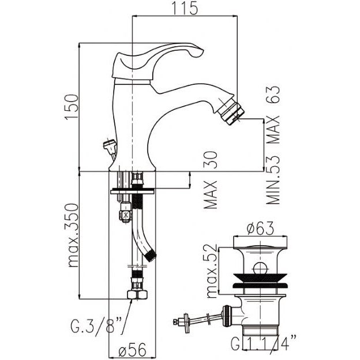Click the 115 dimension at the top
click(185, 8)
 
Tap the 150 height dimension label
click(72, 107)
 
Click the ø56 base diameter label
click(133, 350)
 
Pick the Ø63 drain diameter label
click(260, 228)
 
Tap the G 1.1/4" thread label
click(263, 343)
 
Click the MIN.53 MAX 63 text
click(273, 145)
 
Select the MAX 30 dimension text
click(211, 180)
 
